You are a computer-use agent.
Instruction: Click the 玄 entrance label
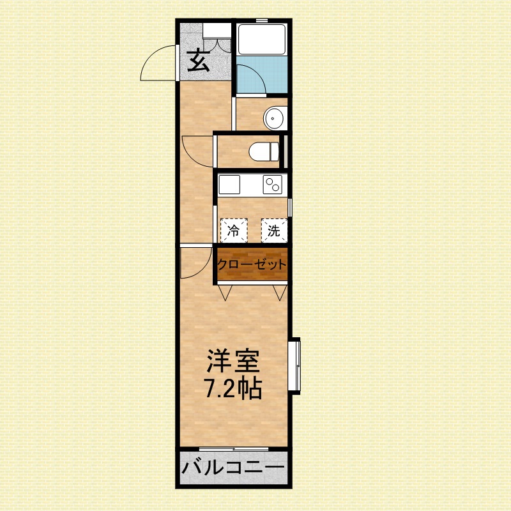[x=198, y=60]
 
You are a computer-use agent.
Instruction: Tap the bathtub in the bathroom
[x=262, y=39]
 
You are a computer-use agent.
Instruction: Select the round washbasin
[x=275, y=118]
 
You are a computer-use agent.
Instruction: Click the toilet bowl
[x=264, y=151]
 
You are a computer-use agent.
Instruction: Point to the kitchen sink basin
[x=229, y=185]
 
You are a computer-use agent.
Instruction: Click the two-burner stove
[x=273, y=185]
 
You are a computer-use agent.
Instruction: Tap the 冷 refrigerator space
[x=234, y=231]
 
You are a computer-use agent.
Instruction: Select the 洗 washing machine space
[x=274, y=231]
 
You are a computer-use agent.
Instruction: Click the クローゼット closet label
[x=252, y=264]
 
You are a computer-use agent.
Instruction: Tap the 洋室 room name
[x=233, y=361]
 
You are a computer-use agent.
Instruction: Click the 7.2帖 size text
[x=233, y=388]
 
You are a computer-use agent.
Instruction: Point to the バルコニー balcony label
[x=233, y=468]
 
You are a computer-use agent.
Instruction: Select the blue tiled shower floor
[x=262, y=75]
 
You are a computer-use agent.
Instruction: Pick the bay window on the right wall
[x=294, y=365]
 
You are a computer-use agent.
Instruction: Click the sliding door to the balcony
[x=234, y=449]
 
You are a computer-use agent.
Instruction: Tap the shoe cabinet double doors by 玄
[x=217, y=45]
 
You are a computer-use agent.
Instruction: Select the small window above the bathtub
[x=262, y=20]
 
